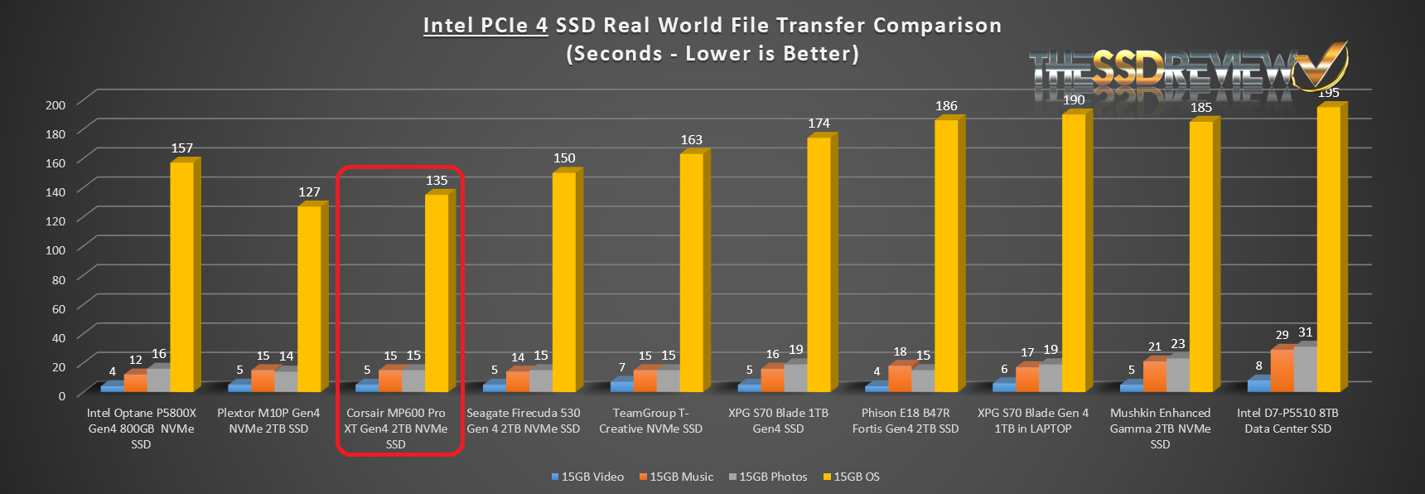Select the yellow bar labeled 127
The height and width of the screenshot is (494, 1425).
point(310,298)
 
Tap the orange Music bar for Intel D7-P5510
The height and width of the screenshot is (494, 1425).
point(1282,370)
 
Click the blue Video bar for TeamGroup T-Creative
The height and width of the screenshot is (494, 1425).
point(621,385)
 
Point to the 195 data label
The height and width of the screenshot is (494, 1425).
point(1329,93)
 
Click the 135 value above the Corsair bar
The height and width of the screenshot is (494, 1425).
point(437,181)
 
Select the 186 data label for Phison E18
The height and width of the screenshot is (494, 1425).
point(946,106)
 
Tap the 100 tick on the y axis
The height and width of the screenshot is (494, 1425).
point(56,250)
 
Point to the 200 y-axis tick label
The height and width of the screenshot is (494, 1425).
point(56,104)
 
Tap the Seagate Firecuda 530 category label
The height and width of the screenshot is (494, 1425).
point(524,420)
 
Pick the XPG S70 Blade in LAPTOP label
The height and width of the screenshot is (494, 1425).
point(1033,420)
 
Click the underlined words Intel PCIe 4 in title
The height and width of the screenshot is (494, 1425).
point(485,26)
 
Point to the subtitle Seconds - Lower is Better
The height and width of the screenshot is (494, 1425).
point(712,54)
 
